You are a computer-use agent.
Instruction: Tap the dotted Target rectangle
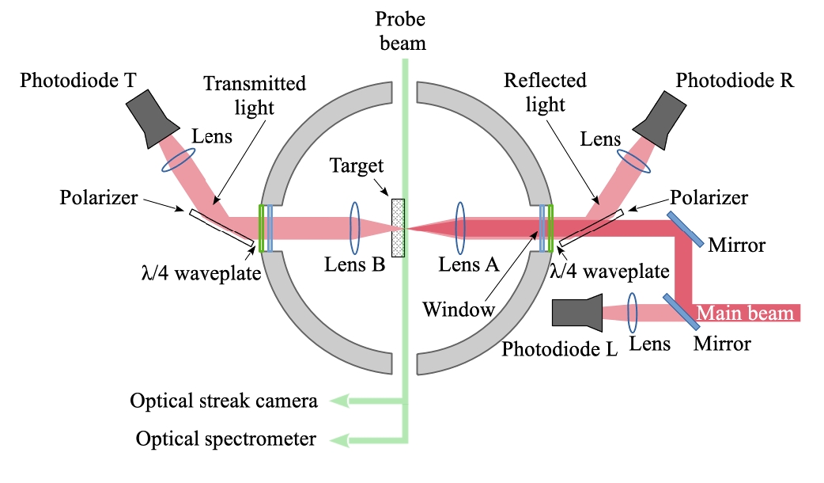[x=399, y=228]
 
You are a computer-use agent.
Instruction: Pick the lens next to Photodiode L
[x=633, y=314]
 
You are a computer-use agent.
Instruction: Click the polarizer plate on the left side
[x=221, y=227]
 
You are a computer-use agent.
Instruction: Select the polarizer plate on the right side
[x=592, y=228]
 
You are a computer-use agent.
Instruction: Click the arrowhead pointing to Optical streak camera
[x=338, y=401]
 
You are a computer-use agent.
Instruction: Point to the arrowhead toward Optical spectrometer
[x=338, y=439]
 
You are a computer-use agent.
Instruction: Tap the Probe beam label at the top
[x=400, y=30]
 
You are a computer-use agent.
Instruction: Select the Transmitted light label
[x=254, y=93]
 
